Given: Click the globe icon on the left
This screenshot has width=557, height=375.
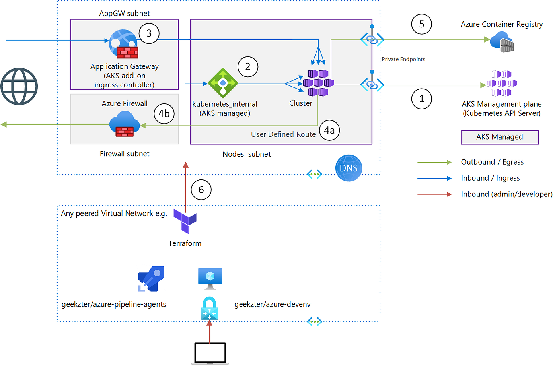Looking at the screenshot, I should coord(19,86).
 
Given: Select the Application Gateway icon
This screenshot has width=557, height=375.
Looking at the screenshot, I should coord(124,44).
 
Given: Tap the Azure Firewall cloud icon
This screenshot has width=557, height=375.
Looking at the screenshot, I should coord(125,124).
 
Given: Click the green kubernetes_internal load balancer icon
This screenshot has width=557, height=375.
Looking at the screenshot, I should coord(223,83).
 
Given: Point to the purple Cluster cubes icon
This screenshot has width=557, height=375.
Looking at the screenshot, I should coord(318,83).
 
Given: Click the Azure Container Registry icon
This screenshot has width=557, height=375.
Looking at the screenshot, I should coord(502,42).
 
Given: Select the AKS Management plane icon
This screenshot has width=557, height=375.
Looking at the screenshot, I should coord(501,84).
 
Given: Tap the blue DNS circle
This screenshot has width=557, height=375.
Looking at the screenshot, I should coord(349,168).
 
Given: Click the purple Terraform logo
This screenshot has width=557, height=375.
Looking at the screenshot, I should coord(185,221).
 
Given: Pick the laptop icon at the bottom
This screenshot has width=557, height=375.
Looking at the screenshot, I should coord(210,353).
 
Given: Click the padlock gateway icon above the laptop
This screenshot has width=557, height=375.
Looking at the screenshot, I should coord(209,309).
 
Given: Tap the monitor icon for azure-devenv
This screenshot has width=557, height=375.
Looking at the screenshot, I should coord(210,278).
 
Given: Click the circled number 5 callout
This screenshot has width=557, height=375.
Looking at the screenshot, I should coord(421,24).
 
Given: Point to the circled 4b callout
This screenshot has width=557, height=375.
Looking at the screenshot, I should coord(164,114).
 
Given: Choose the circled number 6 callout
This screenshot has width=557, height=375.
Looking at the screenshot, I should coord(201,190).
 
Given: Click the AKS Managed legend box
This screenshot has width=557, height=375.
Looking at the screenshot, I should coord(499,137).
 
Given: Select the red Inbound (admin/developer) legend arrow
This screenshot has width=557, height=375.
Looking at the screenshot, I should coord(434,194).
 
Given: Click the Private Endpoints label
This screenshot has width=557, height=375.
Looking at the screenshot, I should coord(403,59).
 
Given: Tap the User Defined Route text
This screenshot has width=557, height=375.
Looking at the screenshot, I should coord(283,134).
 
